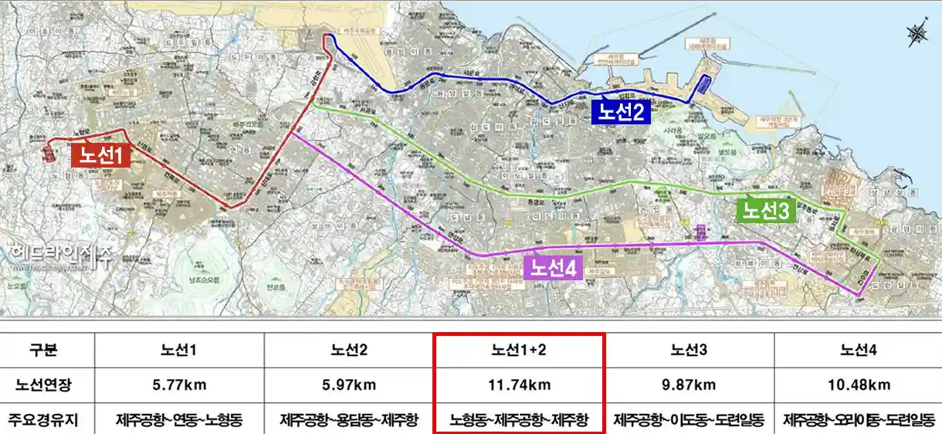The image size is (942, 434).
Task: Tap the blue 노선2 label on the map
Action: pyautogui.click(x=622, y=113)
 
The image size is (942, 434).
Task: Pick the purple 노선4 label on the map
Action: pyautogui.click(x=553, y=268)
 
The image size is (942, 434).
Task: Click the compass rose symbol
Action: pyautogui.click(x=917, y=33)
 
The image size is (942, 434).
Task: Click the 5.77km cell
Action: pyautogui.click(x=179, y=385)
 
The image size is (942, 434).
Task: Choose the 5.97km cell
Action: pyautogui.click(x=349, y=385)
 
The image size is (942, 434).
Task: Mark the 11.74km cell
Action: pyautogui.click(x=519, y=385)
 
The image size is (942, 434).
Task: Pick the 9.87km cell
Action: pyautogui.click(x=689, y=385)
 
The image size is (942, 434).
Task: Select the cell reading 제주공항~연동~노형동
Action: pyautogui.click(x=179, y=420)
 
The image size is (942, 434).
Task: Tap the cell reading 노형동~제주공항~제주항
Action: pyautogui.click(x=519, y=420)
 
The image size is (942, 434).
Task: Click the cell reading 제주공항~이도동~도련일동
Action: pyautogui.click(x=689, y=420)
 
